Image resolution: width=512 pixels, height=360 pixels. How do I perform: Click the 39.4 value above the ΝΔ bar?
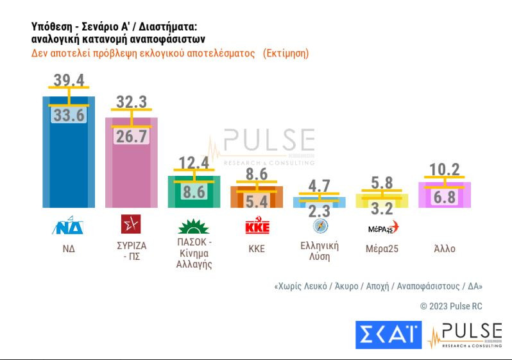click(x=68, y=80)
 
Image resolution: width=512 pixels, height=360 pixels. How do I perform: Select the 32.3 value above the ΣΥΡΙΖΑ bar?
click(x=132, y=101)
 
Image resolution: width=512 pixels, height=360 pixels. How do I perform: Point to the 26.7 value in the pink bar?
click(x=131, y=136)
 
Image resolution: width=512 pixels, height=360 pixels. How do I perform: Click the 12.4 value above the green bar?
click(x=194, y=163)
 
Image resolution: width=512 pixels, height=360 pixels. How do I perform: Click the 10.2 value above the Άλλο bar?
click(x=445, y=169)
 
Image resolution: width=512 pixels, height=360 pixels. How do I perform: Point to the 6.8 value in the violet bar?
click(x=445, y=198)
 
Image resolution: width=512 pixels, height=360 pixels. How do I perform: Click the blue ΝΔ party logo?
click(x=68, y=225)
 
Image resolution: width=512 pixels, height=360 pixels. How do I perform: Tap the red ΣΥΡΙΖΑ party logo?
click(x=131, y=225)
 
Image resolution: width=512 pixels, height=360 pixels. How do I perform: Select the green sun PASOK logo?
click(x=194, y=227)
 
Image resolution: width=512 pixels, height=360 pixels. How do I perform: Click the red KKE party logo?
click(x=257, y=227)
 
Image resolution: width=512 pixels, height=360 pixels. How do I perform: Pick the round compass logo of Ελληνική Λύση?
click(x=320, y=226)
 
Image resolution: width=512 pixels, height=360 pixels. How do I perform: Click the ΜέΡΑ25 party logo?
click(x=382, y=227)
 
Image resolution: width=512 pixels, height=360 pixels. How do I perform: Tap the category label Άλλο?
click(x=445, y=248)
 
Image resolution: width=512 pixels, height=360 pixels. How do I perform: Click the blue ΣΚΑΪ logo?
click(x=388, y=335)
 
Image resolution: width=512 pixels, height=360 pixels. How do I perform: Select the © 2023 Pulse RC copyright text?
click(x=451, y=306)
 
